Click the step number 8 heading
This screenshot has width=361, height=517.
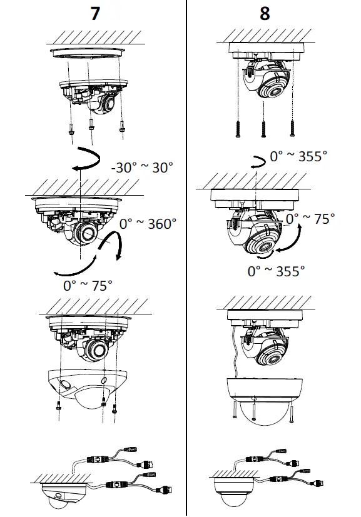[x=265, y=14]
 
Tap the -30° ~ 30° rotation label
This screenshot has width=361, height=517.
[x=141, y=168]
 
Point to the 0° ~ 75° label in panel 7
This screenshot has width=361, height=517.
[x=88, y=285]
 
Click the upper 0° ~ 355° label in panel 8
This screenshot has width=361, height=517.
[x=298, y=156]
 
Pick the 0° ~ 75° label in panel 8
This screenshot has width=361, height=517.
[x=310, y=219]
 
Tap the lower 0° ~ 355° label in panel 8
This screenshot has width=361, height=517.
[x=277, y=271]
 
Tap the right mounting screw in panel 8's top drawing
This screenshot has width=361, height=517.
[x=292, y=129]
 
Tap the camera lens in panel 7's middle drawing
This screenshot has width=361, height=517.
[x=83, y=236]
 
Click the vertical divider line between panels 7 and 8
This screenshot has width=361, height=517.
[x=186, y=250]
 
